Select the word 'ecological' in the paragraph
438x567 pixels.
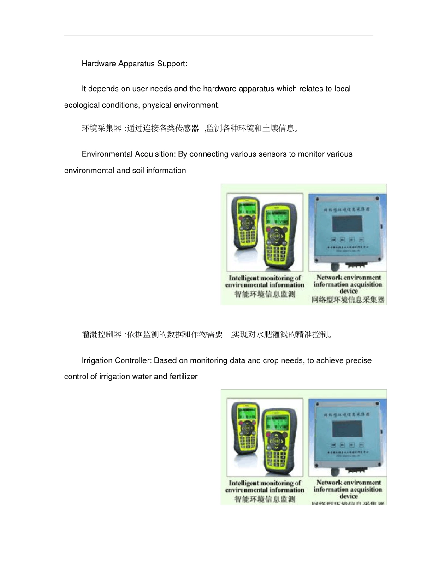[x=80, y=105]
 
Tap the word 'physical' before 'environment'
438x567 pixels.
[x=157, y=105]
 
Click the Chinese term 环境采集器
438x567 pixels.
[x=102, y=129]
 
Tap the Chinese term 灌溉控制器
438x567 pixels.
[x=102, y=335]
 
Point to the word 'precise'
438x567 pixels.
[x=358, y=360]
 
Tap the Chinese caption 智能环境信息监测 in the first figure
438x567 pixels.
[x=264, y=295]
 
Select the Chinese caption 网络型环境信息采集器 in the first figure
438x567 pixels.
[x=348, y=300]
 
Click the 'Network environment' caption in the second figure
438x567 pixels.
[x=349, y=483]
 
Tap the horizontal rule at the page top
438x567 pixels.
[x=219, y=35]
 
